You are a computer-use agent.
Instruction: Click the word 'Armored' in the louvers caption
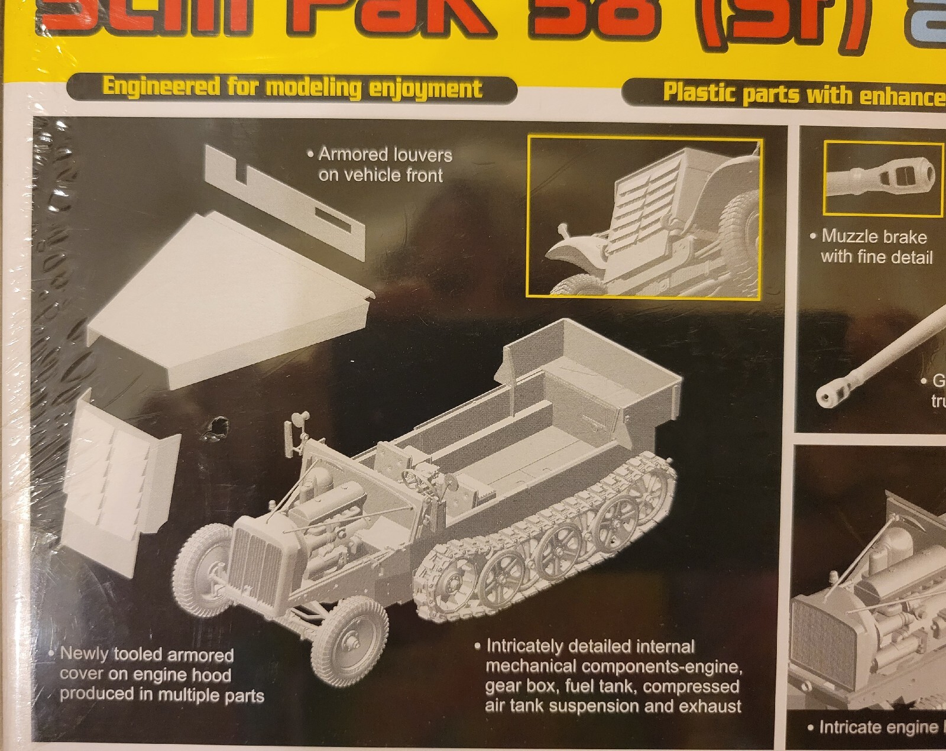click(351, 154)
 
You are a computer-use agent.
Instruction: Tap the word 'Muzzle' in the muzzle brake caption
click(844, 236)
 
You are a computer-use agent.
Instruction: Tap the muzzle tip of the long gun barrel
click(828, 395)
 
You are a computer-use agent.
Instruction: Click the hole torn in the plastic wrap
click(216, 427)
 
